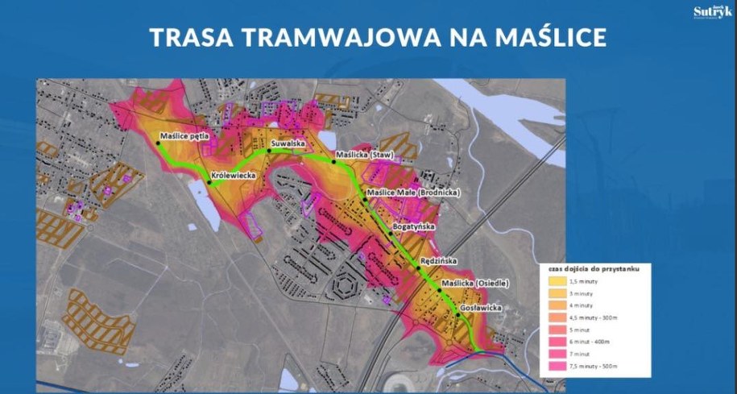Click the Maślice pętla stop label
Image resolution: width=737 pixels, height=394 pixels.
click(186, 136)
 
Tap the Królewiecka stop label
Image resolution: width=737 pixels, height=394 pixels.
click(233, 174)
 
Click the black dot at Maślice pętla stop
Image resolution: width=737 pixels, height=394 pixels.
click(158, 143)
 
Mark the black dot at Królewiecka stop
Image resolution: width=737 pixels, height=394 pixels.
click(209, 183)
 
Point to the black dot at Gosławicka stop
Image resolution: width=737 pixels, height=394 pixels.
click(458, 315)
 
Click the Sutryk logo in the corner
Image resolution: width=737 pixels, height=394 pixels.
click(712, 12)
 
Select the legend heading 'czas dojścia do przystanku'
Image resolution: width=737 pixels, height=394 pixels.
click(588, 269)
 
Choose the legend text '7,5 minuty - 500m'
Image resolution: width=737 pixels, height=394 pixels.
click(597, 367)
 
